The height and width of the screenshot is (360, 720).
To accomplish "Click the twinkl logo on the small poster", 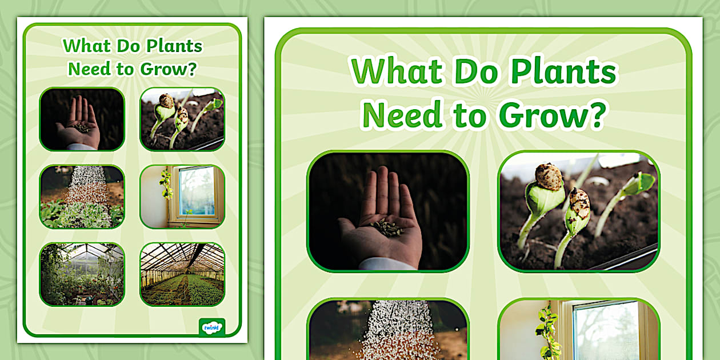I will pos(211,326).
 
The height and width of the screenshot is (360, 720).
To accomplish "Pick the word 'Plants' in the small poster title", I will pos(177,46).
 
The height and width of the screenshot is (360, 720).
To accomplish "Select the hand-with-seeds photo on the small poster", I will pos(82,119).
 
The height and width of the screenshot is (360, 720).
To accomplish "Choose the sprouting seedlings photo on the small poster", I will pos(182,119).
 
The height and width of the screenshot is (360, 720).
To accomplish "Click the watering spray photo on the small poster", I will pos(82,197).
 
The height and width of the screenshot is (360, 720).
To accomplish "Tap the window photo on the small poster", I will pos(182,197).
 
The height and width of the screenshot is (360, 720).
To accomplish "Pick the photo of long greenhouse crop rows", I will pos(182,274).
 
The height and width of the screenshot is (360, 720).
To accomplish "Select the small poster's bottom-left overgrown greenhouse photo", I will pos(82,274).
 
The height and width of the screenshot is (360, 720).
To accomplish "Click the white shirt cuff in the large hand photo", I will pos(386,263).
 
